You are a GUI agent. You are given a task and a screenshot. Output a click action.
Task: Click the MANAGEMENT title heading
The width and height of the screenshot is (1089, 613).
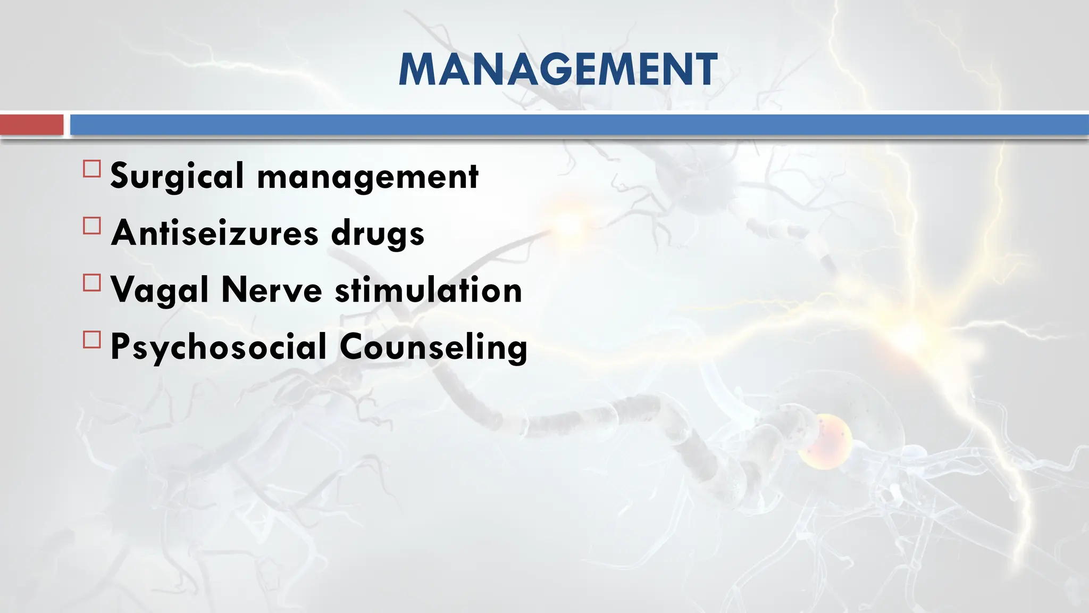point(558,70)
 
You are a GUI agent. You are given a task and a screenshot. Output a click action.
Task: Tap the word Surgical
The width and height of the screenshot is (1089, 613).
point(177,176)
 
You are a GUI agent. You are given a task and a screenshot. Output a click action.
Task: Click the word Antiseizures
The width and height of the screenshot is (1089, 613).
point(215,233)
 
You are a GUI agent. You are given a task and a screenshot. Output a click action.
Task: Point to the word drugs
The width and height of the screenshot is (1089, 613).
point(378,235)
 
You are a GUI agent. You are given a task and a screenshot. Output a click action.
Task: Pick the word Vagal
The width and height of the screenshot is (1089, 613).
point(159,291)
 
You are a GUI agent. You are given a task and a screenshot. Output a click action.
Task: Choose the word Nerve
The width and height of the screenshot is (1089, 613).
point(272,290)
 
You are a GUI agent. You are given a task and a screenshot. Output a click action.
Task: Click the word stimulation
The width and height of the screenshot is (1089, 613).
point(429,290)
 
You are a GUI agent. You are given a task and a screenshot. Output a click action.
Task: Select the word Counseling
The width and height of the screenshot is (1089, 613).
point(433,348)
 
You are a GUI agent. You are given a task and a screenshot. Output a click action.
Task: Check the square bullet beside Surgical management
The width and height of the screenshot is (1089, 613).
point(92,169)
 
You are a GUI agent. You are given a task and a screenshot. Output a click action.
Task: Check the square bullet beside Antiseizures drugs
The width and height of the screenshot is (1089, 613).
point(92,226)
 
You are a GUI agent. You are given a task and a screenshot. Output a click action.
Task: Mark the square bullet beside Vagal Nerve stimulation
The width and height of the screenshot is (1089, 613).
point(92,283)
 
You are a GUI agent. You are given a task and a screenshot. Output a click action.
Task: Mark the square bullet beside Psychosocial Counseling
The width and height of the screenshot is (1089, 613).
point(92,339)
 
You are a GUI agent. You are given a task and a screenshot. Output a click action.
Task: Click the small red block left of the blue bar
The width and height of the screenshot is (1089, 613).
point(31,125)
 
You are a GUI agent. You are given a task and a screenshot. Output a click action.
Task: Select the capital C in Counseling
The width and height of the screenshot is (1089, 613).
point(353,346)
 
